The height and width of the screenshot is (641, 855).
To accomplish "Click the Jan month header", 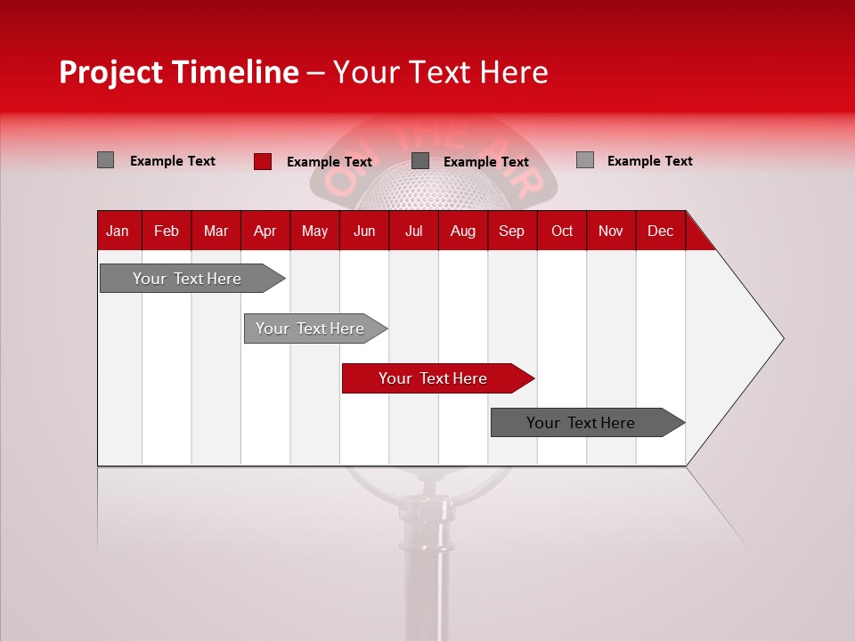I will click(x=118, y=231).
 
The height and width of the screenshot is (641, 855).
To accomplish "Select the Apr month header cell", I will click(x=265, y=231).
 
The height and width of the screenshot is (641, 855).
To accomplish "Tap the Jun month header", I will click(x=364, y=231).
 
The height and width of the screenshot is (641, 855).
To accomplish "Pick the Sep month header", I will click(x=511, y=231).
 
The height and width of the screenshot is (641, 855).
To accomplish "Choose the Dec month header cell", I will click(x=660, y=231).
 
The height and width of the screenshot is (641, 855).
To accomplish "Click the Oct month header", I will click(x=562, y=231).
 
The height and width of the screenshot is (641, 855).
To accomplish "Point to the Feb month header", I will click(x=167, y=231).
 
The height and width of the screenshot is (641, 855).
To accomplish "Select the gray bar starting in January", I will click(x=188, y=279).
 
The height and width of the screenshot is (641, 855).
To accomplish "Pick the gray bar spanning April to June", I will click(x=311, y=329).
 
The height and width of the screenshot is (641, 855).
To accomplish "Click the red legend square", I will click(x=262, y=161).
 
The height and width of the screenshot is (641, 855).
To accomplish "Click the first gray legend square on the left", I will click(x=105, y=160).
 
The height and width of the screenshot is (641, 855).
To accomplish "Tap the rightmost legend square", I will click(x=584, y=160).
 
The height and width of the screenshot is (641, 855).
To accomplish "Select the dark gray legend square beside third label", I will click(x=420, y=161).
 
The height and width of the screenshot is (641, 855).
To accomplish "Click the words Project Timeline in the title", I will click(x=178, y=72).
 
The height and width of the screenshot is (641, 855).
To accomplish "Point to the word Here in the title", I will click(x=514, y=72).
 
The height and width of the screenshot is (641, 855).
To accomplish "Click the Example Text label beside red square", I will click(x=329, y=162).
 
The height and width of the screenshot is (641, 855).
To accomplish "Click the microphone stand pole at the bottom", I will click(x=420, y=579).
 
